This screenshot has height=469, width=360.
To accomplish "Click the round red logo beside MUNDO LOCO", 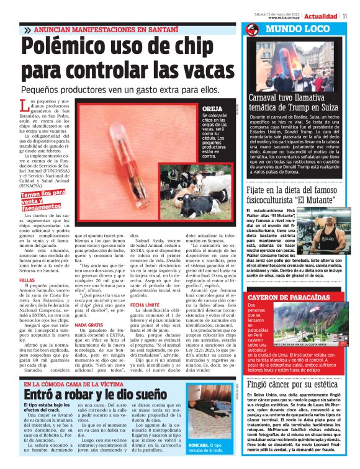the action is [251, 29].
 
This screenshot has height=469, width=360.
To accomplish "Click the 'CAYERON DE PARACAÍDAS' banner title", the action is [289, 297].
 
